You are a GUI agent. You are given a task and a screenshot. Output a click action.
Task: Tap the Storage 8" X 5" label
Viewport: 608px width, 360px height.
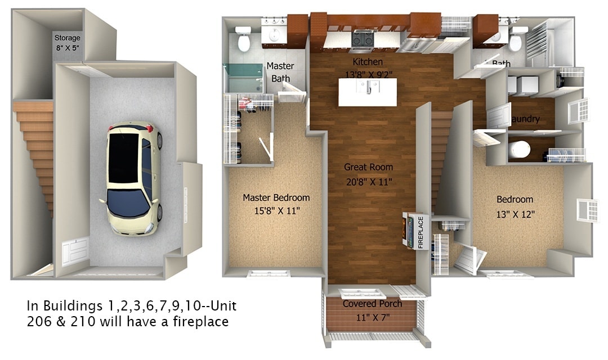[x=68, y=43]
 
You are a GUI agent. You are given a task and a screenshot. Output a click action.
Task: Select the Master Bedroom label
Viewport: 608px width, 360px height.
[x=276, y=198]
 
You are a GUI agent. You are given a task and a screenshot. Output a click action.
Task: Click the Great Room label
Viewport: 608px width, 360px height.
[x=369, y=167]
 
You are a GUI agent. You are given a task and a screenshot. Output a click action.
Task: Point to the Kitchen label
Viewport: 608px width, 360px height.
[x=367, y=62]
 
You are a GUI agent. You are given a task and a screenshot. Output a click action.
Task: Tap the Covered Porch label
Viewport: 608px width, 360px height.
[x=373, y=304]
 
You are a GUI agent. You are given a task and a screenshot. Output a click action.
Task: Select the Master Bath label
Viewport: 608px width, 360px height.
[x=280, y=72]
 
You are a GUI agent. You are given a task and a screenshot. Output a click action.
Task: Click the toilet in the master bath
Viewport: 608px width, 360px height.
[x=244, y=39]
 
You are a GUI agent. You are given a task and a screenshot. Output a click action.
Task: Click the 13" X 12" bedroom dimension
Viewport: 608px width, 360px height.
[x=515, y=214]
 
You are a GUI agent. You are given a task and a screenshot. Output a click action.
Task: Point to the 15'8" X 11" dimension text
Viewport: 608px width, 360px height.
[x=276, y=211]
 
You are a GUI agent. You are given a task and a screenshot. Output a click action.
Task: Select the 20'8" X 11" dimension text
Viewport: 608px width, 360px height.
[x=369, y=181]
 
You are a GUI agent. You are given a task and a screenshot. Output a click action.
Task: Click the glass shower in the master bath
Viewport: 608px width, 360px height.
[x=244, y=79]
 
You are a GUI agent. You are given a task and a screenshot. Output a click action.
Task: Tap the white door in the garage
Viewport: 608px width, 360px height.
[x=74, y=251]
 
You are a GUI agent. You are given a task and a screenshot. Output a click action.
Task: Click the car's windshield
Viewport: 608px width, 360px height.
[x=128, y=202]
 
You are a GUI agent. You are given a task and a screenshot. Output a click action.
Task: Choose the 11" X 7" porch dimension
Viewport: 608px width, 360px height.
[x=373, y=316]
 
